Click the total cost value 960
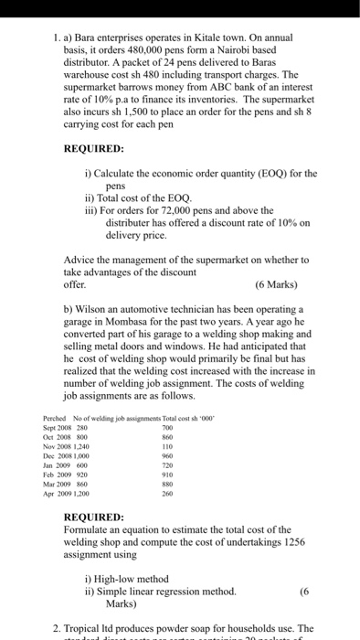tap(166, 455)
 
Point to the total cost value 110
tap(166, 446)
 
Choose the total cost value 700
tap(166, 427)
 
